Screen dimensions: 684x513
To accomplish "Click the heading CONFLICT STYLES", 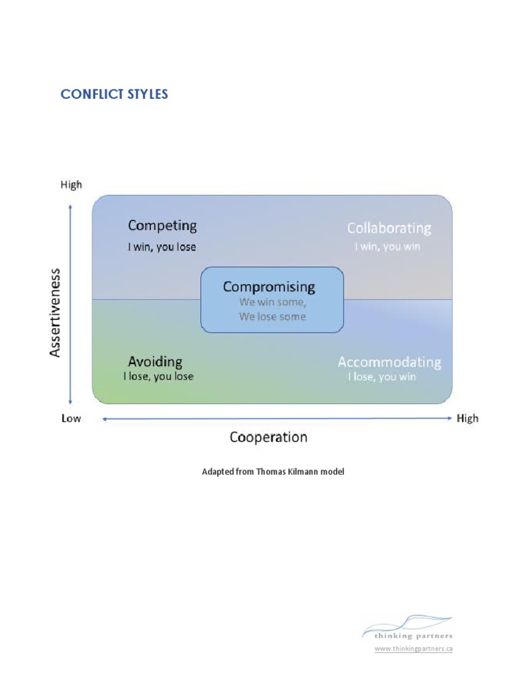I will pyautogui.click(x=114, y=94).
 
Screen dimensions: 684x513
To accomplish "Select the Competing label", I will pyautogui.click(x=162, y=226).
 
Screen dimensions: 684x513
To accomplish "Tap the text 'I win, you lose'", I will pyautogui.click(x=162, y=246).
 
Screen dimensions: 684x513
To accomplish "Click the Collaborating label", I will pyautogui.click(x=389, y=228).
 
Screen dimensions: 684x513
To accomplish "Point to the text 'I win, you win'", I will pyautogui.click(x=387, y=246).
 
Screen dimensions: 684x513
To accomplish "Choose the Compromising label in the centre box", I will pyautogui.click(x=269, y=287).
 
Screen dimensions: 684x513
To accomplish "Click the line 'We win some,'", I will pyautogui.click(x=273, y=302).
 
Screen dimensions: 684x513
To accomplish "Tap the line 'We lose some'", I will pyautogui.click(x=273, y=317).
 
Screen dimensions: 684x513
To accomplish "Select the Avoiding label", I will pyautogui.click(x=155, y=362).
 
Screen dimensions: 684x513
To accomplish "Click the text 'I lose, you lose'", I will pyautogui.click(x=158, y=377).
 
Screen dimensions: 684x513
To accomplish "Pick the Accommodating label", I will pyautogui.click(x=389, y=362).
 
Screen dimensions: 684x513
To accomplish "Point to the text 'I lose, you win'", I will pyautogui.click(x=381, y=377).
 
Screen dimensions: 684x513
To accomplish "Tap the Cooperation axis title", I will pyautogui.click(x=269, y=438).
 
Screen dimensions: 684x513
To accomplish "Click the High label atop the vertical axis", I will pyautogui.click(x=71, y=185).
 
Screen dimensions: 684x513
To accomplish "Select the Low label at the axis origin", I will pyautogui.click(x=71, y=419).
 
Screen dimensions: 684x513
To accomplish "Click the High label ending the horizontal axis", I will pyautogui.click(x=467, y=419).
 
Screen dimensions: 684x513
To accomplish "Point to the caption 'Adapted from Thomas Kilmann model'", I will pyautogui.click(x=273, y=472).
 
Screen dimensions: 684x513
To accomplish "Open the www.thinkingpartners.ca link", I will pyautogui.click(x=413, y=649).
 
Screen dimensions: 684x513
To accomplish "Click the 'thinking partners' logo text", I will pyautogui.click(x=407, y=637).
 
